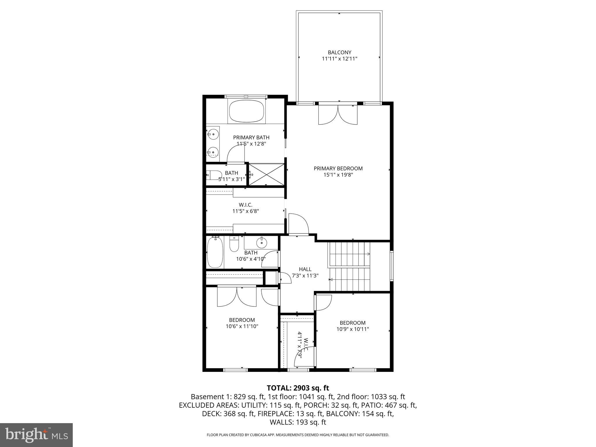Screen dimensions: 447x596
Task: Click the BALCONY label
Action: coord(339,52)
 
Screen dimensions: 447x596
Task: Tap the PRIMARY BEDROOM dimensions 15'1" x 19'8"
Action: coord(338,175)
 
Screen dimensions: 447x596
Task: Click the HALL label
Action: coord(305,269)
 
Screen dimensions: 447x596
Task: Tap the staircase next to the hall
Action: coord(349,266)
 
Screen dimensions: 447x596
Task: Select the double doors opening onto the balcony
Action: coord(338,114)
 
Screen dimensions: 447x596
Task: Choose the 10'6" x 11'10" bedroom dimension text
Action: coord(242,327)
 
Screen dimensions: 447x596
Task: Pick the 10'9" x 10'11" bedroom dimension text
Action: coord(353,329)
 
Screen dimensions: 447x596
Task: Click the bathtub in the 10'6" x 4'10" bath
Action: coord(215,252)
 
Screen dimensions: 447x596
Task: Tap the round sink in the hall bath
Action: coord(262,242)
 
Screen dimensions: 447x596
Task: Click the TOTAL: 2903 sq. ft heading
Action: coord(298,388)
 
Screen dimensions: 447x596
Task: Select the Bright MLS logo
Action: coord(36,435)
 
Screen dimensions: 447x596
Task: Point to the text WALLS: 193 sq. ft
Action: coord(298,422)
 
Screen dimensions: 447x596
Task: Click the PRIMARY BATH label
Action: coord(251,137)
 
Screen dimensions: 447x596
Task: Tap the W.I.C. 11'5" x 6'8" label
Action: coord(245,208)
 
